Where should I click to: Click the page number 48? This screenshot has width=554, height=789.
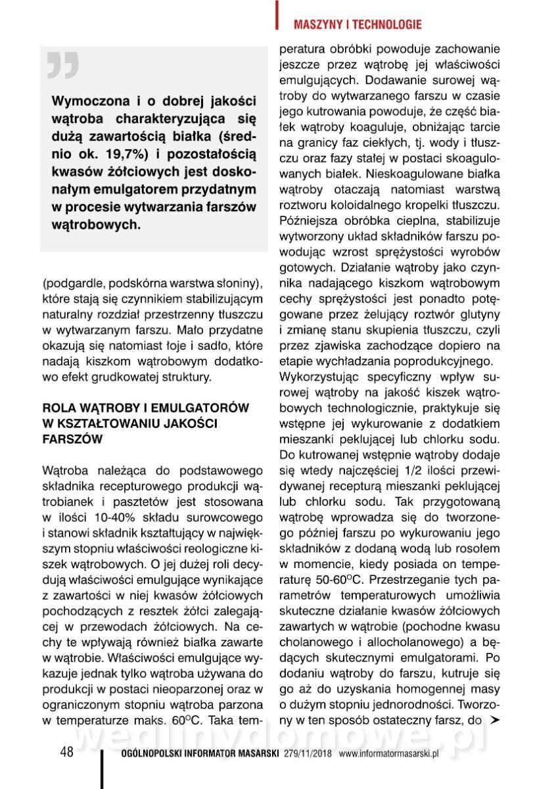(x=66, y=752)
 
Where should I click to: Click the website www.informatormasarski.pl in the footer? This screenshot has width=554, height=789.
(x=388, y=753)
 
